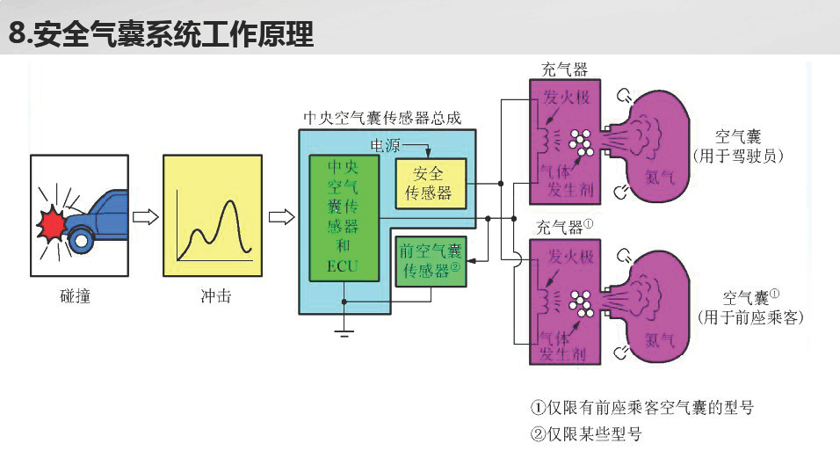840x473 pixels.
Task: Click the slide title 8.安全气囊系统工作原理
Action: (161, 33)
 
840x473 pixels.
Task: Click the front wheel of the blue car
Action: (82, 240)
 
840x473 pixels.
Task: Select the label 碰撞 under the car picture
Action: (75, 296)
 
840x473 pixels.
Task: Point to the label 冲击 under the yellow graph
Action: (216, 296)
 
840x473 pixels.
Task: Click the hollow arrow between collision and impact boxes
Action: (146, 216)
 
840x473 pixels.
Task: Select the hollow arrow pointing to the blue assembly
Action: (281, 216)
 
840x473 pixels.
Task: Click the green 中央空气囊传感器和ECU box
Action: (344, 218)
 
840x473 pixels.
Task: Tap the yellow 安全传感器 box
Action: (431, 184)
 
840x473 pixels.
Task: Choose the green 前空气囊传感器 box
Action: (431, 261)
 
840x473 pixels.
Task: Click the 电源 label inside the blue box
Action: (385, 145)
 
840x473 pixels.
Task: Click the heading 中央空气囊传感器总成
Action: (382, 118)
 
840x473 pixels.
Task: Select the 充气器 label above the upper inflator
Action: (565, 69)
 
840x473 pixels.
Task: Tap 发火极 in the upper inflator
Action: (567, 98)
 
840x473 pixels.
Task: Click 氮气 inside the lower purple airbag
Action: (660, 340)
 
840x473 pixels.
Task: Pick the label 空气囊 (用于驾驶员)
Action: (738, 146)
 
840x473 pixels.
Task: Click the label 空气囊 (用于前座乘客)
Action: (750, 308)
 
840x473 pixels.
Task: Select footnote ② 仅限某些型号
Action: (586, 433)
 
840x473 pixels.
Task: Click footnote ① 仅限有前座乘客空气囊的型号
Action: (642, 408)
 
